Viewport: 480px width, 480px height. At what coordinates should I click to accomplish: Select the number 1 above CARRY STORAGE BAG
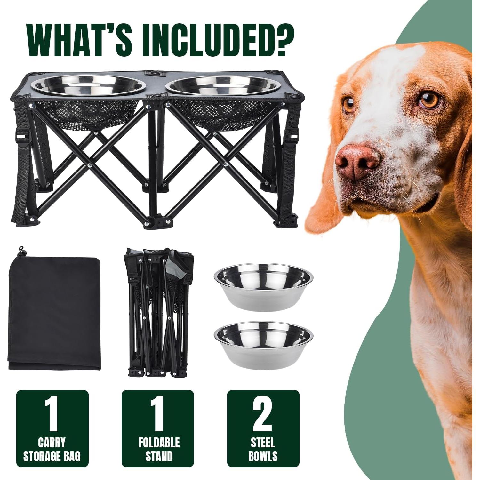click(52, 414)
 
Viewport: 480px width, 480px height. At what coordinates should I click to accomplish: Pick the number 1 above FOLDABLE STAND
click(157, 414)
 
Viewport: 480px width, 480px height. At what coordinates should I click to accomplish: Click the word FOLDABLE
click(159, 443)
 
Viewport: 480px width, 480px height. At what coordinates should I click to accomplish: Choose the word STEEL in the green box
click(263, 443)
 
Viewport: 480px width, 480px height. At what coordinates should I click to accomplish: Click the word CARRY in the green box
click(52, 443)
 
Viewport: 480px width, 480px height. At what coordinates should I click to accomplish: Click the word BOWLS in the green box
click(263, 456)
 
